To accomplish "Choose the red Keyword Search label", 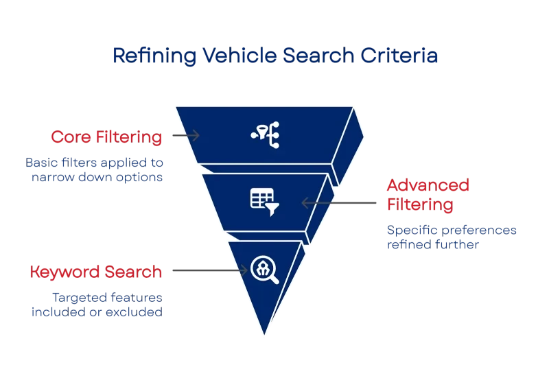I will [96, 272].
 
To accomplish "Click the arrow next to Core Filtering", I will [185, 135].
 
